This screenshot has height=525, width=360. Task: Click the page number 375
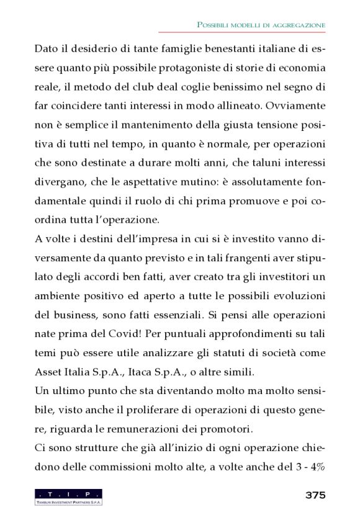pos(315,495)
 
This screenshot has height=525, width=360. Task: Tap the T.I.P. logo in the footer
pos(68,497)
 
